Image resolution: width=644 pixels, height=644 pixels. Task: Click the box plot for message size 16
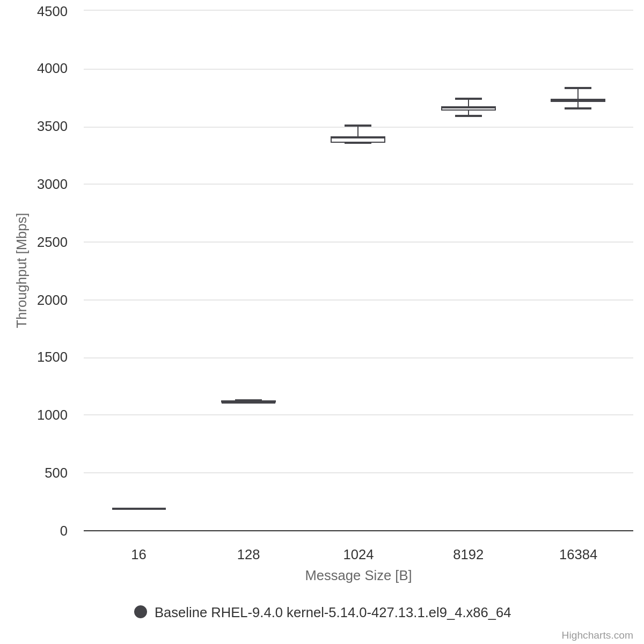click(x=139, y=508)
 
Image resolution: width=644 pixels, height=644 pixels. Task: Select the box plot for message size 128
click(x=248, y=401)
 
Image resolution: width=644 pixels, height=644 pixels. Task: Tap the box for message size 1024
click(x=358, y=140)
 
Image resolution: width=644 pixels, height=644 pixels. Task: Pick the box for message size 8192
click(x=469, y=108)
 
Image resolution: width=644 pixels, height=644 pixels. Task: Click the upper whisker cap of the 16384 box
click(x=578, y=88)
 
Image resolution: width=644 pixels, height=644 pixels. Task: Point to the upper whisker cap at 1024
click(x=358, y=126)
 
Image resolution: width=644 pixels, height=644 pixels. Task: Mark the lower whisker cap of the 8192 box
click(x=469, y=116)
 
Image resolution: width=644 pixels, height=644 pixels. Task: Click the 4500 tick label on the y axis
click(x=52, y=11)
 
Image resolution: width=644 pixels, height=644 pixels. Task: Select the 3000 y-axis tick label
click(x=52, y=184)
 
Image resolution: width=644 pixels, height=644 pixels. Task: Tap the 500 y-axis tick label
click(x=56, y=473)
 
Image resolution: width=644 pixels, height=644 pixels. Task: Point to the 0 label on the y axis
click(x=64, y=531)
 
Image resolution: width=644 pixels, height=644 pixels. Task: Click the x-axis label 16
click(x=138, y=555)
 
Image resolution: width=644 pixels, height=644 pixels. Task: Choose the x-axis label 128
click(x=248, y=555)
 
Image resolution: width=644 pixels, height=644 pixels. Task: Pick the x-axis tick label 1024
click(x=358, y=555)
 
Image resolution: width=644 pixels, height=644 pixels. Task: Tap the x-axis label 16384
click(x=578, y=555)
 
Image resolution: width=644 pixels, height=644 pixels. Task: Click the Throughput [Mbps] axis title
click(x=21, y=270)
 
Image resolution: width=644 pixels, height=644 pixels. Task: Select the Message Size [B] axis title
click(x=358, y=575)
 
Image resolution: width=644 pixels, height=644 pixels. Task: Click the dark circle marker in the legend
click(x=141, y=612)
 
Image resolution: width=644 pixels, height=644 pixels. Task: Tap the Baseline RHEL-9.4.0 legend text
click(x=333, y=612)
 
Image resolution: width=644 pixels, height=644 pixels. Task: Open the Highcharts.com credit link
click(x=597, y=635)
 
